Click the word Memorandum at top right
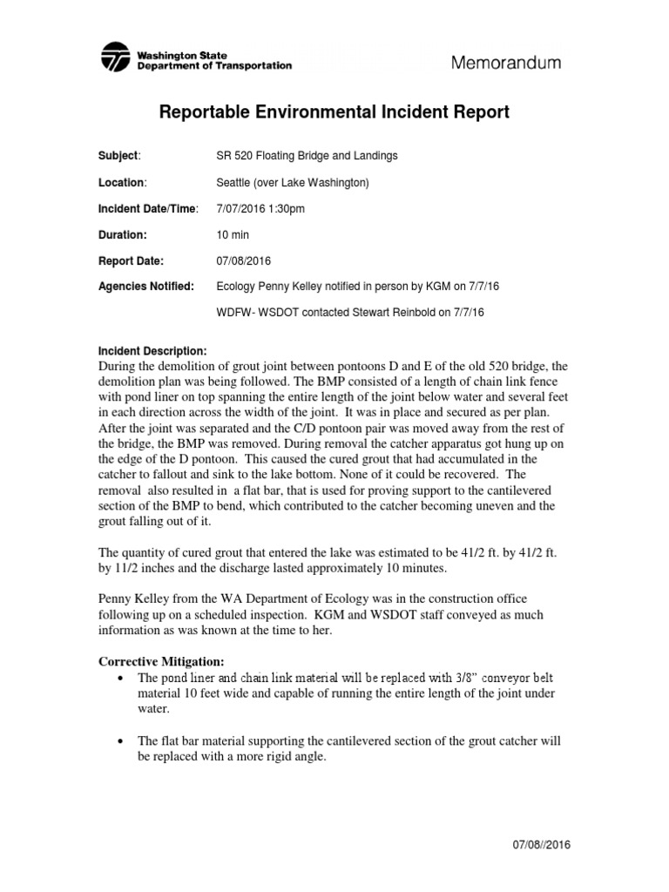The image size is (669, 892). pyautogui.click(x=505, y=63)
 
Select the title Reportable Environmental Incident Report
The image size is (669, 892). pyautogui.click(x=334, y=113)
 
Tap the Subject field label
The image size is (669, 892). pyautogui.click(x=118, y=156)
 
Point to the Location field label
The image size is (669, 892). pyautogui.click(x=121, y=182)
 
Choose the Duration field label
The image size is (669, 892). pyautogui.click(x=121, y=234)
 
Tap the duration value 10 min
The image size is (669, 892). pyautogui.click(x=233, y=234)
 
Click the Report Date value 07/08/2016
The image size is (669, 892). pyautogui.click(x=243, y=260)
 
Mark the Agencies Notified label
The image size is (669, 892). pyautogui.click(x=146, y=287)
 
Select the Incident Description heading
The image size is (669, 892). pyautogui.click(x=153, y=349)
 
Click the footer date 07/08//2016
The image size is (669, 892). pyautogui.click(x=610, y=846)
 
